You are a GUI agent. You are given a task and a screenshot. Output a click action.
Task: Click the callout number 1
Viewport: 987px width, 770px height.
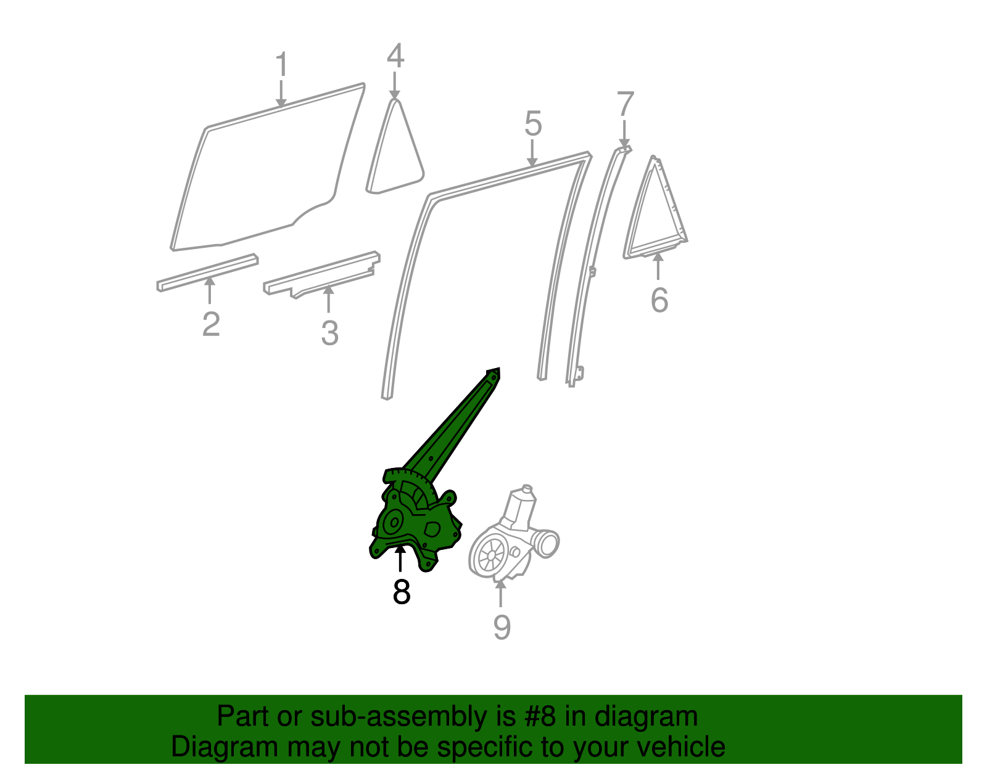(281, 65)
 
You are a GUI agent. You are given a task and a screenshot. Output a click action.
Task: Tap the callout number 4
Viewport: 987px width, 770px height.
(395, 56)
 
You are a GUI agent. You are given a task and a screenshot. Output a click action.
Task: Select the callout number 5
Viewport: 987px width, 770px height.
(533, 124)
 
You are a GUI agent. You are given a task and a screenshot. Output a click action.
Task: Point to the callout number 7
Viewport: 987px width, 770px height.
(625, 104)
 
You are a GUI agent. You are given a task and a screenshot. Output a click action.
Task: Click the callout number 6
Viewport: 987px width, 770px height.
(659, 300)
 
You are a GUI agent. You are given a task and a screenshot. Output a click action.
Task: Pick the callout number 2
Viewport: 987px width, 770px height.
(211, 324)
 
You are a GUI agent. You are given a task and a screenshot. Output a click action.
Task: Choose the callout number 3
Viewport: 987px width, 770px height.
(330, 334)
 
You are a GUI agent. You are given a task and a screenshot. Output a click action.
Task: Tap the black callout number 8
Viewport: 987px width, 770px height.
(401, 592)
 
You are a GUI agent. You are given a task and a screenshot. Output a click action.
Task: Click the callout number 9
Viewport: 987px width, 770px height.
(502, 627)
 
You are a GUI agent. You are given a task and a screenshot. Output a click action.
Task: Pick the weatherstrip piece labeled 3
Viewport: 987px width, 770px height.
(321, 274)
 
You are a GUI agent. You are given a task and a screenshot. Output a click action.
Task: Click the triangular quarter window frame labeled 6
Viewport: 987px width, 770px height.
(655, 213)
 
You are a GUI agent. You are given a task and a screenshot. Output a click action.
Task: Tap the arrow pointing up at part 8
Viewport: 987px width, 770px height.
(401, 558)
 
